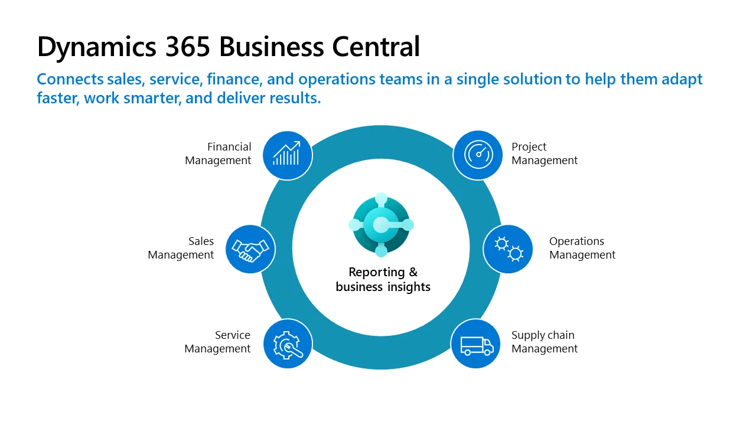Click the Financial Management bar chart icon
tap(286, 155)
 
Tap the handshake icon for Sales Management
tap(250, 249)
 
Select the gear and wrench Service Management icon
tap(287, 344)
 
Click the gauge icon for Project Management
tap(477, 155)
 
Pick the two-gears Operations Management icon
tap(508, 249)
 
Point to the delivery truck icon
tap(476, 344)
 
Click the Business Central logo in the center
tap(381, 225)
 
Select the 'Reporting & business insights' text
tap(383, 280)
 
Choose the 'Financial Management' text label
tap(219, 153)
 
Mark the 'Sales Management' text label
tap(181, 248)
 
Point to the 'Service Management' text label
tap(218, 342)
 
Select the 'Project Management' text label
tap(544, 153)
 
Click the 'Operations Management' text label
tap(582, 248)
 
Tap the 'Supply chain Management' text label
tap(544, 342)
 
